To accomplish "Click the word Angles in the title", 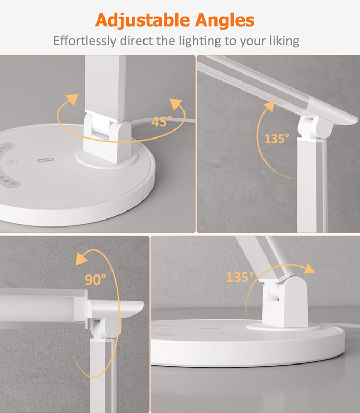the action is (x=225, y=21).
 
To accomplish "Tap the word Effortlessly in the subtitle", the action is (x=85, y=41).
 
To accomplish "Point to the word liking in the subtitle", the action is (x=284, y=42).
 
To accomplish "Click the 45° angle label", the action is (x=162, y=122).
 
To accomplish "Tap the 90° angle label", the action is (x=95, y=279).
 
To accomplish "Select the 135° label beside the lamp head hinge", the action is (x=277, y=139).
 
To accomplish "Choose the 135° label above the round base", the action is (x=240, y=277).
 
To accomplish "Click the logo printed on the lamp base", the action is (x=45, y=160).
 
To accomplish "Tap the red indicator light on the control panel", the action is (x=8, y=145).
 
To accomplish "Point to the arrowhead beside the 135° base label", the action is (x=308, y=269).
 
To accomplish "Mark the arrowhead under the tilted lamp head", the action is (x=269, y=106).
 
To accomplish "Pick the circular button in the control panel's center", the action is (x=12, y=163).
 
